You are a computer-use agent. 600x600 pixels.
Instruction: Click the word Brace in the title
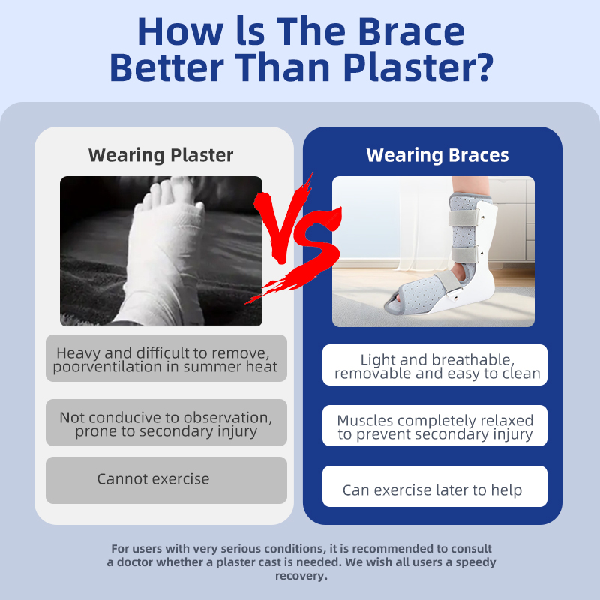pyautogui.click(x=411, y=31)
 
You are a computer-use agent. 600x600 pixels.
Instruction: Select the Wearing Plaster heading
pyautogui.click(x=160, y=155)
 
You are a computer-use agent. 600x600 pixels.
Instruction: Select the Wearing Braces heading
pyautogui.click(x=437, y=155)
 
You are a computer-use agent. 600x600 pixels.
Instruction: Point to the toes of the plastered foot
pyautogui.click(x=168, y=195)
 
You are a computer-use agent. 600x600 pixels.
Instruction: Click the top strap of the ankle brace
pyautogui.click(x=463, y=218)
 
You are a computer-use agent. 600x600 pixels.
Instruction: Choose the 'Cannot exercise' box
pyautogui.click(x=166, y=480)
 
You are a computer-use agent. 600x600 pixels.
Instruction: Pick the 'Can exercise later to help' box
pyautogui.click(x=435, y=486)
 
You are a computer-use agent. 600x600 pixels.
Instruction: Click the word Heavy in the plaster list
pyautogui.click(x=79, y=352)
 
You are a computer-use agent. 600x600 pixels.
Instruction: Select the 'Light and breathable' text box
pyautogui.click(x=435, y=364)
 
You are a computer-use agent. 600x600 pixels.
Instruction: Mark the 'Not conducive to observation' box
pyautogui.click(x=166, y=422)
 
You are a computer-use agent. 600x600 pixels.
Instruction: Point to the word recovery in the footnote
pyautogui.click(x=301, y=575)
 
